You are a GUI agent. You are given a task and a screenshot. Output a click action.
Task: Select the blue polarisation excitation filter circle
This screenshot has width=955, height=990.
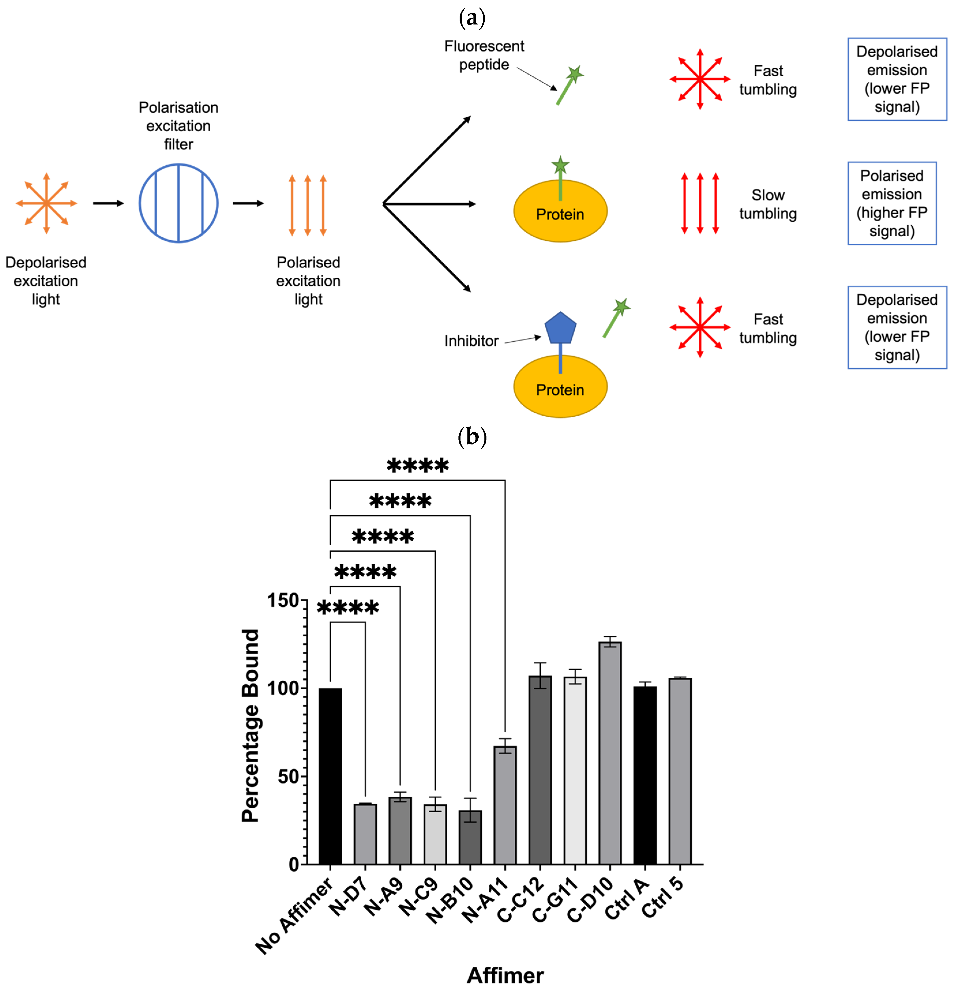click(x=178, y=203)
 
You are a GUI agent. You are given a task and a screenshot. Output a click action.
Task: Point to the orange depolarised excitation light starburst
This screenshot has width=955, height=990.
click(x=46, y=203)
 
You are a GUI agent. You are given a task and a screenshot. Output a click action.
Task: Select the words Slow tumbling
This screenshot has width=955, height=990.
click(x=768, y=204)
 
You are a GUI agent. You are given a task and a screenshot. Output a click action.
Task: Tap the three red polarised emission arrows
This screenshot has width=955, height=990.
click(x=700, y=203)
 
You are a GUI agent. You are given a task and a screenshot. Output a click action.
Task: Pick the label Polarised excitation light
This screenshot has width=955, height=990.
click(x=308, y=281)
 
